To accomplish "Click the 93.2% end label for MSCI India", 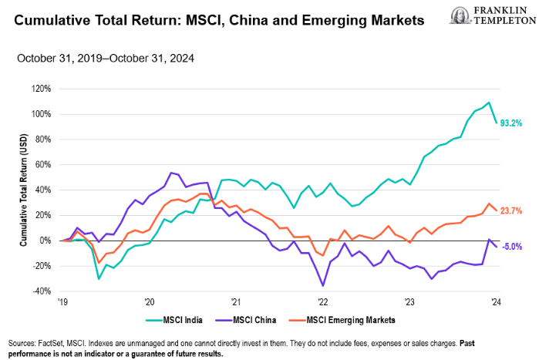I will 512,123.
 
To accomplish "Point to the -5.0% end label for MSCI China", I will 511,247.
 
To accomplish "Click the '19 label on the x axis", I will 62,301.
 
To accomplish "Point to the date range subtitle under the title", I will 105,58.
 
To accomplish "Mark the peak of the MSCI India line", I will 489,103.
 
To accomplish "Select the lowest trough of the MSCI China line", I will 323,286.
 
